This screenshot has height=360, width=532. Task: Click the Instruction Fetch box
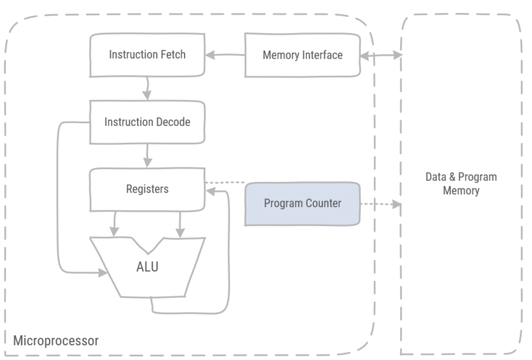click(147, 55)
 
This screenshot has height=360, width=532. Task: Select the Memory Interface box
click(303, 55)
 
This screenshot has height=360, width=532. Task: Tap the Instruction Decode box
click(147, 123)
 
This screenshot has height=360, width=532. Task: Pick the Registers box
click(147, 189)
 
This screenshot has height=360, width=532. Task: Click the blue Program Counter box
click(303, 204)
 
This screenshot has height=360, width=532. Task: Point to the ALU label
click(147, 268)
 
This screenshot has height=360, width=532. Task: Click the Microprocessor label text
click(55, 341)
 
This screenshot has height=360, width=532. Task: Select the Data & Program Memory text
click(461, 184)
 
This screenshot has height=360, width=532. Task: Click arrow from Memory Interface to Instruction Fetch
click(225, 55)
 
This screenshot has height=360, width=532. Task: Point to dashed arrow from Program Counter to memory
click(381, 204)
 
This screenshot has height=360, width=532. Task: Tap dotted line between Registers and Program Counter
click(225, 183)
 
